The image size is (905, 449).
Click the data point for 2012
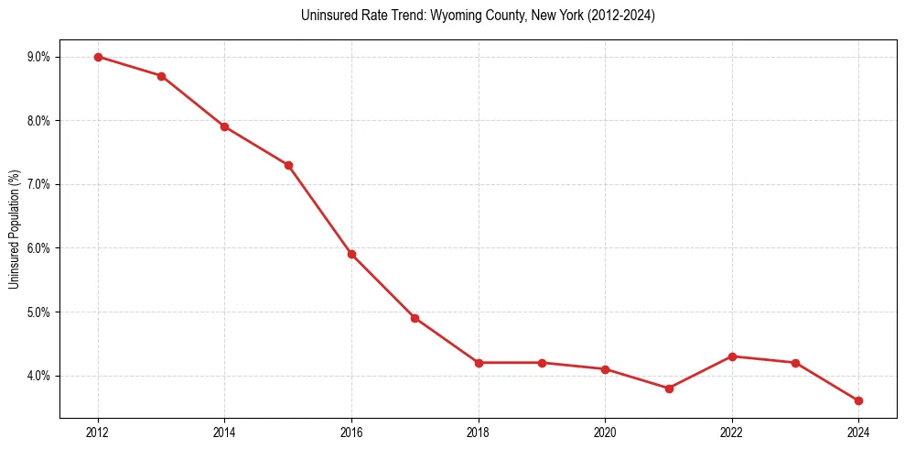98,57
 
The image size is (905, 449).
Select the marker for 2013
161,76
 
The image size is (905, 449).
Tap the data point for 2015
288,165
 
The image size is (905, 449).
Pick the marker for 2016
351,255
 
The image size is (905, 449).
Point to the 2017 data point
415,318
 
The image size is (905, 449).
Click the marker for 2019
542,363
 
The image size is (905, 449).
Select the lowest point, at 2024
858,400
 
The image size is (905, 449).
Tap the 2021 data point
669,389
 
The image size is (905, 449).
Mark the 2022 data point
732,356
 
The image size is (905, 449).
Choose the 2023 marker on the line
795,363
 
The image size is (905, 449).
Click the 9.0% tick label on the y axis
38,57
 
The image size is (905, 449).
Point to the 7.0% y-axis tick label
38,184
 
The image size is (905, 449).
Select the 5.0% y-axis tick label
38,312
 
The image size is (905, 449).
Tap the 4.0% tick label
38,376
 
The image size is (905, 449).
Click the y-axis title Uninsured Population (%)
14,228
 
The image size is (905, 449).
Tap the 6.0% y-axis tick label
38,248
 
